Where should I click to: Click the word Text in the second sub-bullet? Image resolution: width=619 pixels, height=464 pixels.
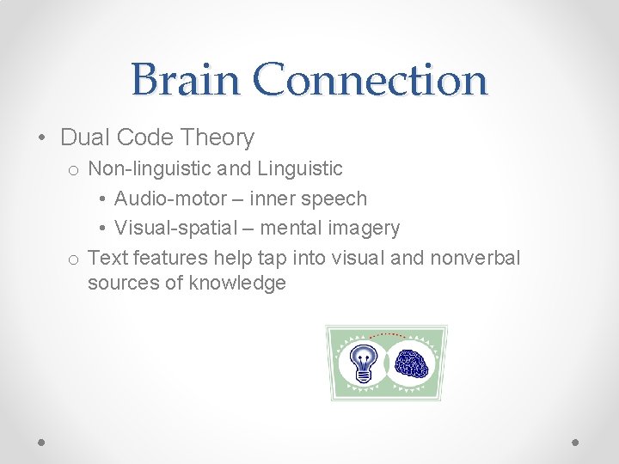tap(107, 258)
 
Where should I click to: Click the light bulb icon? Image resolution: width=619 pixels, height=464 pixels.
tap(364, 362)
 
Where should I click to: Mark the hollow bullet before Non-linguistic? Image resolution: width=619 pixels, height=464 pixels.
tap(74, 170)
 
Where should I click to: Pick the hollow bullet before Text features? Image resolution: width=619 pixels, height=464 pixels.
tap(74, 259)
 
